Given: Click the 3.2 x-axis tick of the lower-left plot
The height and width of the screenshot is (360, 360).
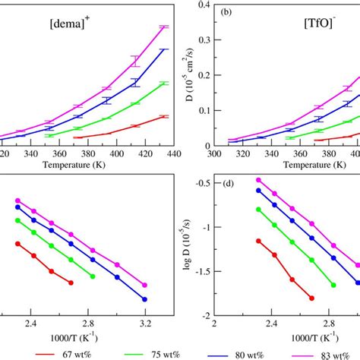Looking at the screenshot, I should [145, 323].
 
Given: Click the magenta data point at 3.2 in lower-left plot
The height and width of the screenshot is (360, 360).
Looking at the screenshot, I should [145, 285].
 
